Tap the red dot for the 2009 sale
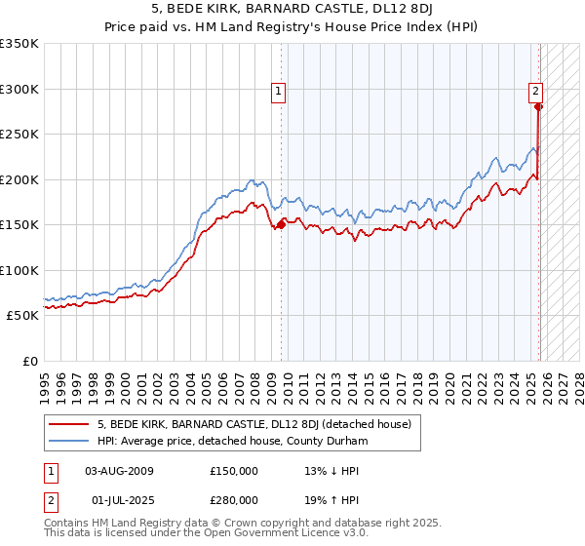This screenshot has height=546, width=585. (282, 224)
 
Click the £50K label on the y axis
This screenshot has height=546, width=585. (23, 316)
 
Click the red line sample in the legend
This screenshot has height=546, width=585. (68, 424)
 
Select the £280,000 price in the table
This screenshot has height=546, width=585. (234, 500)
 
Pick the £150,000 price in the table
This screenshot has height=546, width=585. (234, 471)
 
